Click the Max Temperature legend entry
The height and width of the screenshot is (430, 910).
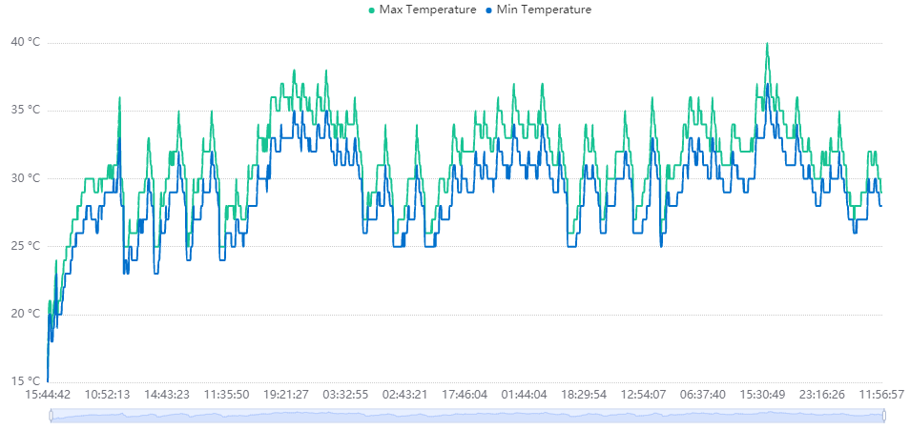pos(422,10)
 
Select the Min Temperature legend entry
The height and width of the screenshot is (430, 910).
pos(539,10)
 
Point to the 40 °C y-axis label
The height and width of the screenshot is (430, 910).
pos(25,42)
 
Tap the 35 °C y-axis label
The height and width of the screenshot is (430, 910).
pos(25,110)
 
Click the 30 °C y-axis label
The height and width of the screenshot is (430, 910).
pos(25,178)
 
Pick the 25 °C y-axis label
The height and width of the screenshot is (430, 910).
pos(25,246)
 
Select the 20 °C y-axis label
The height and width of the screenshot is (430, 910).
pos(25,314)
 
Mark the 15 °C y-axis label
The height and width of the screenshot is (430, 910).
pos(25,381)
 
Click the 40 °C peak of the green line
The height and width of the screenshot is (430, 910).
pos(767,43)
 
